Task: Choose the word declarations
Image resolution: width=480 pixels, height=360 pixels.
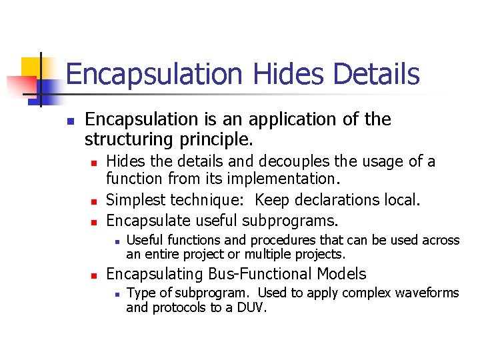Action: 343,199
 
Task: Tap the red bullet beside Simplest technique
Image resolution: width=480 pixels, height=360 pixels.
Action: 94,201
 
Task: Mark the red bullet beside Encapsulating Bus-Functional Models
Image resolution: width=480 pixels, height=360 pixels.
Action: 94,275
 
